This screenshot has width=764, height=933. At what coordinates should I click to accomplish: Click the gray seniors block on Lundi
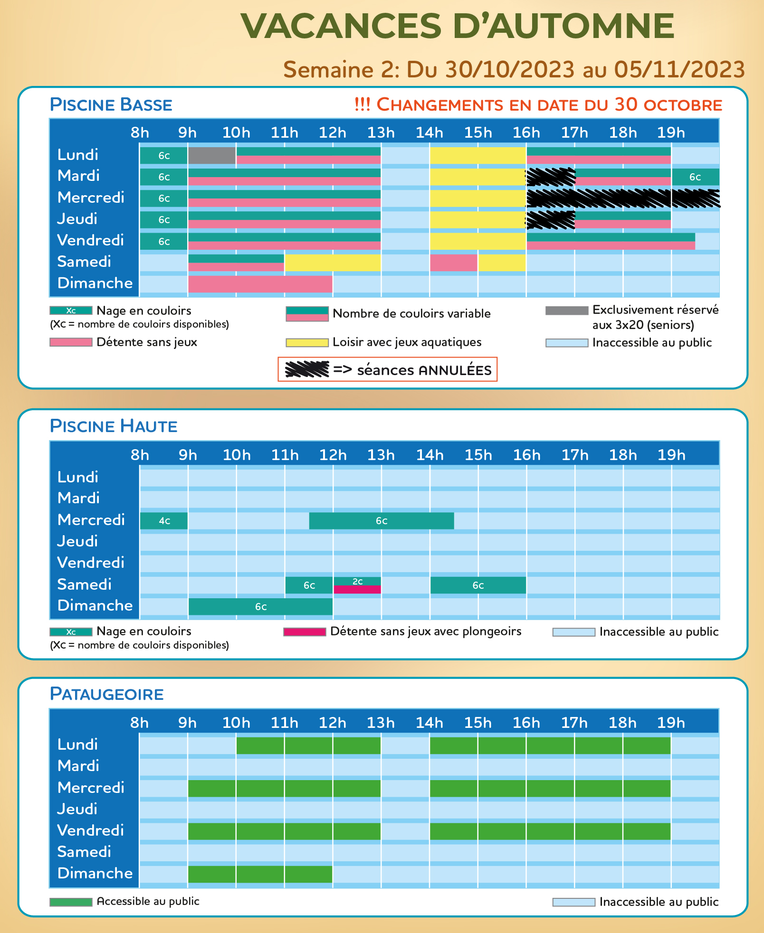coord(212,155)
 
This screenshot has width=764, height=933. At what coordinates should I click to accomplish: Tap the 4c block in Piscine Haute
coord(164,521)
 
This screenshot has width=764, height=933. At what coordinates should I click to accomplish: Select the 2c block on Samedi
coord(357,582)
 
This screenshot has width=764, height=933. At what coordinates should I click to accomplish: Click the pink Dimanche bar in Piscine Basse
coord(260,284)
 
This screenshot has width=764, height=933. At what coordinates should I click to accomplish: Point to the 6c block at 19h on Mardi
coord(695,177)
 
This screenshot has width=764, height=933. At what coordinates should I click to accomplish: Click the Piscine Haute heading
coord(114,426)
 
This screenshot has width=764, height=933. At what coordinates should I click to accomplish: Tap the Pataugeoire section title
coord(106,694)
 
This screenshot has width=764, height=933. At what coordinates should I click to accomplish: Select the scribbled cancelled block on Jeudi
coord(550,219)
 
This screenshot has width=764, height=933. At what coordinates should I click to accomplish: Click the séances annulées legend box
coord(387,369)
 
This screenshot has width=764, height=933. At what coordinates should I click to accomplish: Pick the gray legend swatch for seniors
coord(566,311)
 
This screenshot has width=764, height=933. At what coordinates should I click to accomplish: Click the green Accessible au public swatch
coord(71,902)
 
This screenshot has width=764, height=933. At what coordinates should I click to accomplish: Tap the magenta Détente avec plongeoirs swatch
coord(305,632)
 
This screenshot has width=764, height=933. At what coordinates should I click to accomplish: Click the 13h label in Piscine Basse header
coord(381,132)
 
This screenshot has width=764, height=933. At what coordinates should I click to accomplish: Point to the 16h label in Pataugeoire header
coord(526,723)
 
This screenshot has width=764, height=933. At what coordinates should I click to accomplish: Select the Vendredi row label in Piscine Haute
coord(90,563)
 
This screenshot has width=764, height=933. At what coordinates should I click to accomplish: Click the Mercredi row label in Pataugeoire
coord(90,788)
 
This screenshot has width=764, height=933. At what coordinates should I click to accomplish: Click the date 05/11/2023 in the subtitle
coord(679,69)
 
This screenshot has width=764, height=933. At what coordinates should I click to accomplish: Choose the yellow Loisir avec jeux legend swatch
coord(307,342)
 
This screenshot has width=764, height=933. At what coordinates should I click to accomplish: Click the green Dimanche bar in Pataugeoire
coord(260,874)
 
